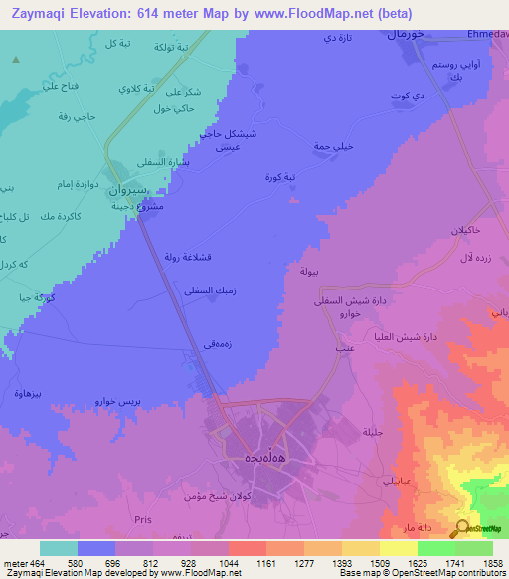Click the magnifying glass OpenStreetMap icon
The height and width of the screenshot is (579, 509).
coord(462,529)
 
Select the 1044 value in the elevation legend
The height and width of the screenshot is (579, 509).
coord(229,563)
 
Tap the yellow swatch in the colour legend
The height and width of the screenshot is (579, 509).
coord(399,548)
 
